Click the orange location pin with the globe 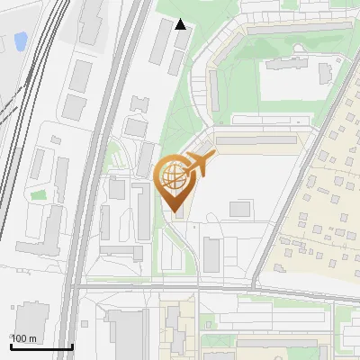click(x=175, y=180)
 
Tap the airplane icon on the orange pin click(x=201, y=164)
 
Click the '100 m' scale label click(x=23, y=338)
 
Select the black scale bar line click(x=41, y=346)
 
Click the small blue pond click(x=20, y=40)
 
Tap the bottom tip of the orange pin click(x=175, y=212)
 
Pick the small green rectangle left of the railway click(x=38, y=194)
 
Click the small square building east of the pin click(x=239, y=209)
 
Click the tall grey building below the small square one click(x=211, y=255)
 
